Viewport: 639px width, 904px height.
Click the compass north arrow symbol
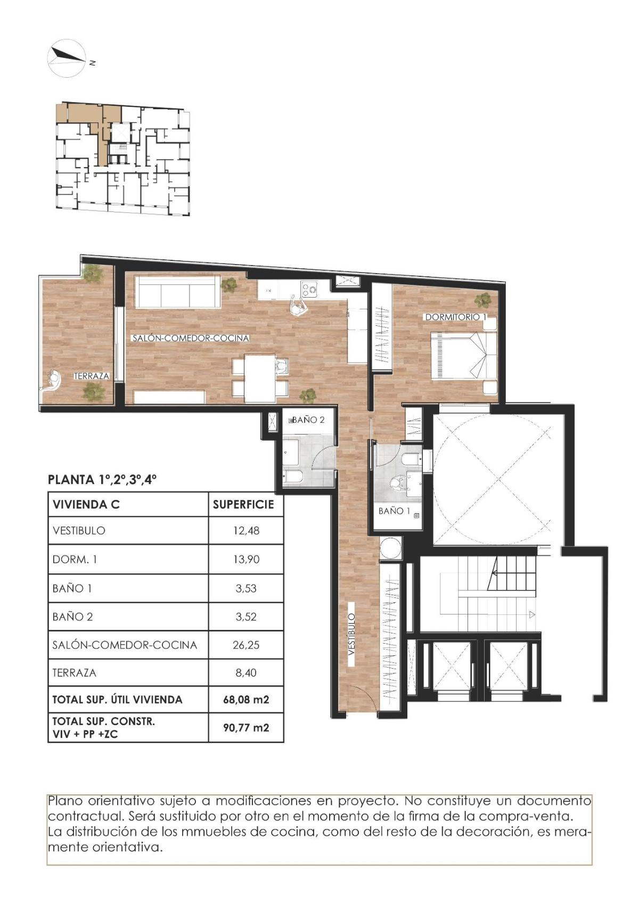pos(68,57)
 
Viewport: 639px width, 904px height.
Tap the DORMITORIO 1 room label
pos(455,317)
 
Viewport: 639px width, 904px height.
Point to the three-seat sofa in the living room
pos(177,291)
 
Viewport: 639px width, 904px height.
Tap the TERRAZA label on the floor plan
pos(92,376)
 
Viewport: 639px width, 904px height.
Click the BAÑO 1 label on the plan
pos(394,511)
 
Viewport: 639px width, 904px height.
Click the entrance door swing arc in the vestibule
pos(360,697)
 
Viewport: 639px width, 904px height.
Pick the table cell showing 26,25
pos(246,645)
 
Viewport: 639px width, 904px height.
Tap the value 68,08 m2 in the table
pos(246,700)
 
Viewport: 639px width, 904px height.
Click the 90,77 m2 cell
pos(246,727)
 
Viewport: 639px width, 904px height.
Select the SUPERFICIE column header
pos(243,504)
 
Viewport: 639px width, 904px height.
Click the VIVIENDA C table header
pos(86,504)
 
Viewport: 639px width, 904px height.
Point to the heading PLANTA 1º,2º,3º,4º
pos(102,479)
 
